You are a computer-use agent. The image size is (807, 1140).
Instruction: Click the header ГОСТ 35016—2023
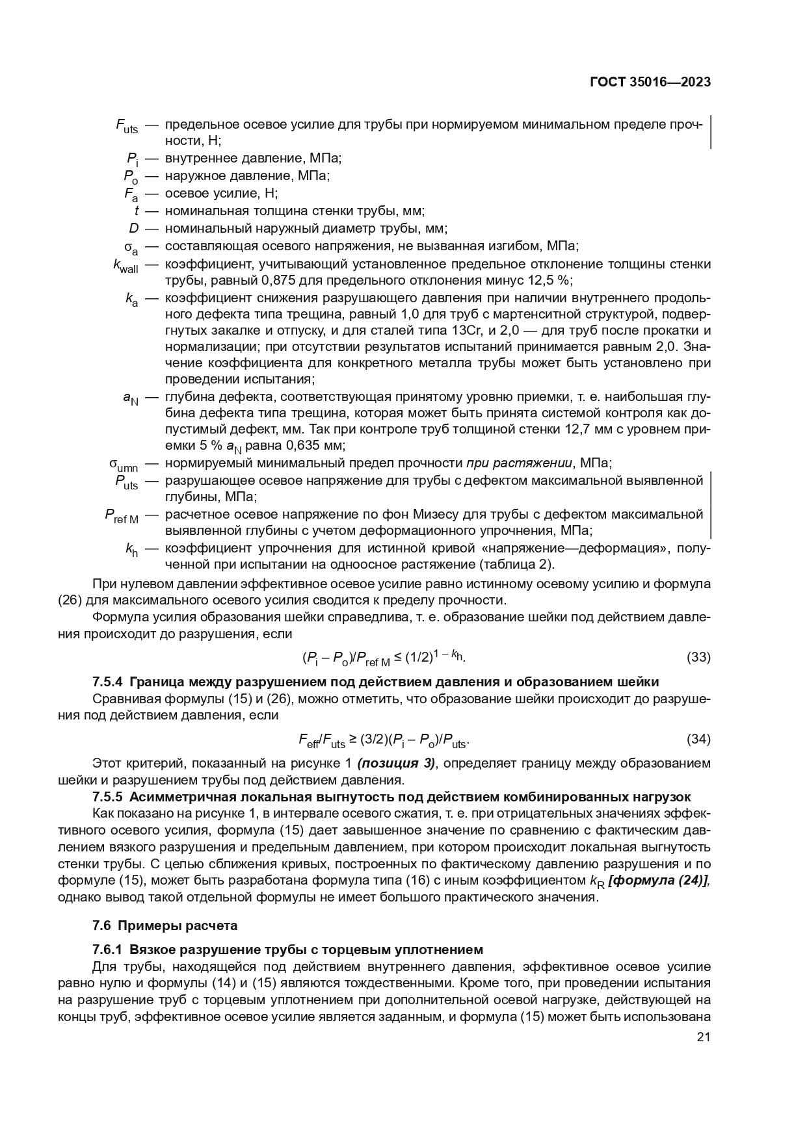tap(650, 83)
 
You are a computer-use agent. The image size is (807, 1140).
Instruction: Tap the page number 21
tap(703, 1037)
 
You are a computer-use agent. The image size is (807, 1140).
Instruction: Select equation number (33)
tap(698, 657)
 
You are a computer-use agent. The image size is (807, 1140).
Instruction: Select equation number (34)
tap(698, 739)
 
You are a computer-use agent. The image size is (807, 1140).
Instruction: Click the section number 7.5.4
tap(109, 682)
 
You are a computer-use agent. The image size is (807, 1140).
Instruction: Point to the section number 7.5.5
tap(109, 797)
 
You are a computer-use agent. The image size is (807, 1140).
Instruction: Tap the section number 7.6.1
tap(109, 950)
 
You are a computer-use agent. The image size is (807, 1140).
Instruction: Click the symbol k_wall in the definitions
tap(126, 266)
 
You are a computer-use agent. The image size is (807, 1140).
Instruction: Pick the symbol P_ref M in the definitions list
tap(122, 516)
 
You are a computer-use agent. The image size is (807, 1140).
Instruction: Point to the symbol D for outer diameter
tap(134, 228)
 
